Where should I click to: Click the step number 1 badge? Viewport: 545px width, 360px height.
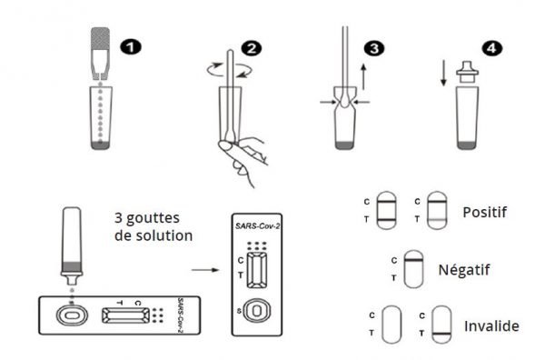(131, 47)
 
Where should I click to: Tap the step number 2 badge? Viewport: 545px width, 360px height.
(251, 49)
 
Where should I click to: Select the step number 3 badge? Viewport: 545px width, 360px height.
(374, 48)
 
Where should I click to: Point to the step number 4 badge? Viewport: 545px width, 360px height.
(491, 48)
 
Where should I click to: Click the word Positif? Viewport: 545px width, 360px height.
(484, 212)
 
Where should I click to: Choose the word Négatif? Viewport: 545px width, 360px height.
(464, 270)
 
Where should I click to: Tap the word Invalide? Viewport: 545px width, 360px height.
(491, 326)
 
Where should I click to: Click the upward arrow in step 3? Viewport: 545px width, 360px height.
(363, 76)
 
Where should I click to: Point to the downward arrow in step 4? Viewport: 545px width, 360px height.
(443, 73)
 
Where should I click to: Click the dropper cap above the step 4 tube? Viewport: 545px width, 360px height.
(467, 72)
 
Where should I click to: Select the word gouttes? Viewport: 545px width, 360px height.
(153, 219)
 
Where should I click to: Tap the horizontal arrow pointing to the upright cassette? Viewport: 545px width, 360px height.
(205, 270)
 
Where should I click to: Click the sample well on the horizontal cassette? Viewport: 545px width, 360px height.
(72, 315)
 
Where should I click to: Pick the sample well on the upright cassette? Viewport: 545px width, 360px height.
(257, 310)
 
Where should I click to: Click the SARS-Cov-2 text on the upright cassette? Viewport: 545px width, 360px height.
(257, 226)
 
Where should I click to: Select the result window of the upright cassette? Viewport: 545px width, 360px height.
(257, 270)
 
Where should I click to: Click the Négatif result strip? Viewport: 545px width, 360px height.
(413, 269)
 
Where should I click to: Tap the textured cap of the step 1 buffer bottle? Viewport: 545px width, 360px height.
(101, 38)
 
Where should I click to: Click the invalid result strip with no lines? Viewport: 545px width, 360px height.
(391, 325)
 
